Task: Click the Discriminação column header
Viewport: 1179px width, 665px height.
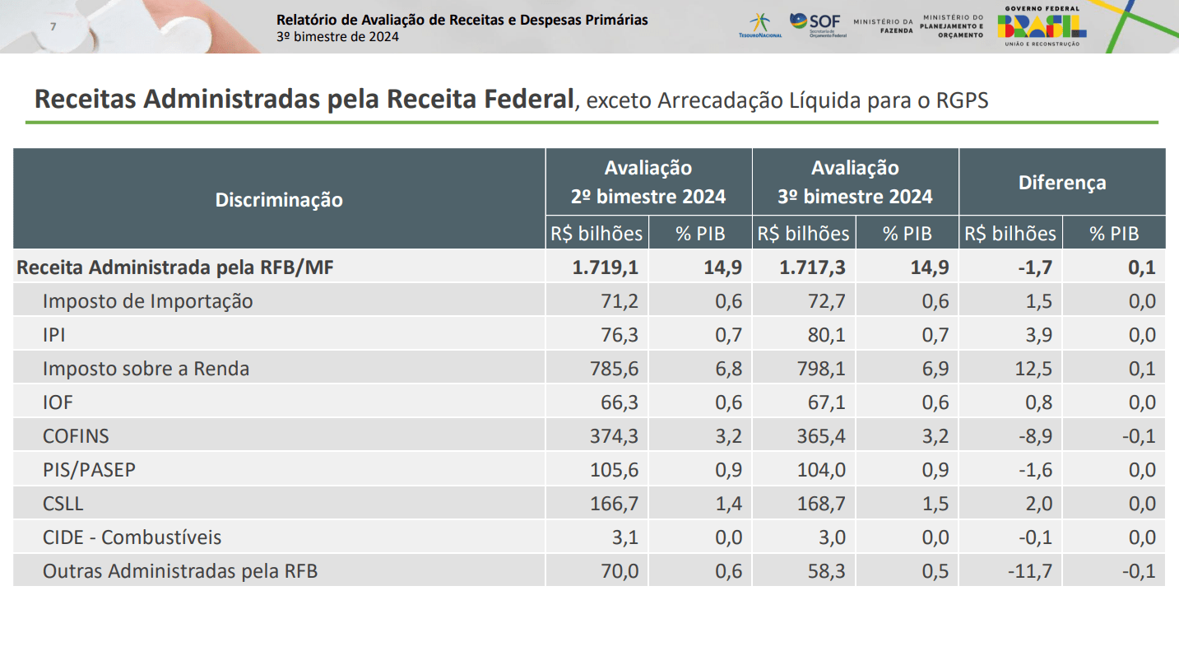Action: point(279,199)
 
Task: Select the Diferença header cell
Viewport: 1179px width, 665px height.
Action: point(1061,182)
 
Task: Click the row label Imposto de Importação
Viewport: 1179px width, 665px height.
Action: point(147,301)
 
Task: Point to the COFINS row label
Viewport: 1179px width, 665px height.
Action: point(76,436)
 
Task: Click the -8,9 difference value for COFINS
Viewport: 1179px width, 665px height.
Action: point(1033,436)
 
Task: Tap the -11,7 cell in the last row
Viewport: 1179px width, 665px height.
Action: point(1029,571)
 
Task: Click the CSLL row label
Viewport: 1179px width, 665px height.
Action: point(63,504)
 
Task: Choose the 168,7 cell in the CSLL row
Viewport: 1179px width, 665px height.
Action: point(820,504)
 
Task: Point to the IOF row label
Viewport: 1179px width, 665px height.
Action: point(58,402)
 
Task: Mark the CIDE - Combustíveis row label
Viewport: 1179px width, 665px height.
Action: point(132,537)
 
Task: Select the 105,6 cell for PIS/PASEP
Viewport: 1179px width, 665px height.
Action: point(614,470)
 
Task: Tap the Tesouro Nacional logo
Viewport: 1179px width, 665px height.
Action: point(759,25)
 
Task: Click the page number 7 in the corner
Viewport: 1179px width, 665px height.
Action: point(53,26)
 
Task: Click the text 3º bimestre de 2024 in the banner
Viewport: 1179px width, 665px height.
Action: point(337,37)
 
